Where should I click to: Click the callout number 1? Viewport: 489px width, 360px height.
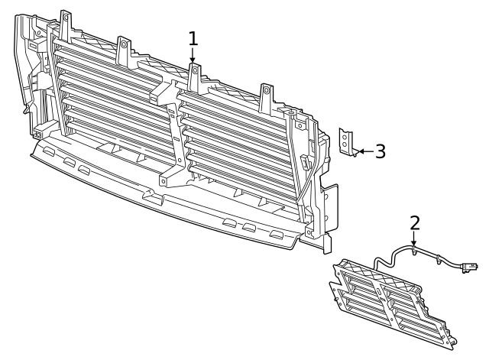coord(193,38)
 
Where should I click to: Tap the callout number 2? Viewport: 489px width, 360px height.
coord(414,222)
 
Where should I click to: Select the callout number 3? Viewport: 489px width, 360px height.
coord(380,151)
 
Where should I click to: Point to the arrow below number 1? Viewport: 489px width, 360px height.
coord(193,56)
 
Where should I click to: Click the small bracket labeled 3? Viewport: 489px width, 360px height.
coord(348,144)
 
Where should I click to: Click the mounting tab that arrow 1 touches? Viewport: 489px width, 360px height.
coord(194,73)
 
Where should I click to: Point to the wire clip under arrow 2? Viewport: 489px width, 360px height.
coord(413,249)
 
